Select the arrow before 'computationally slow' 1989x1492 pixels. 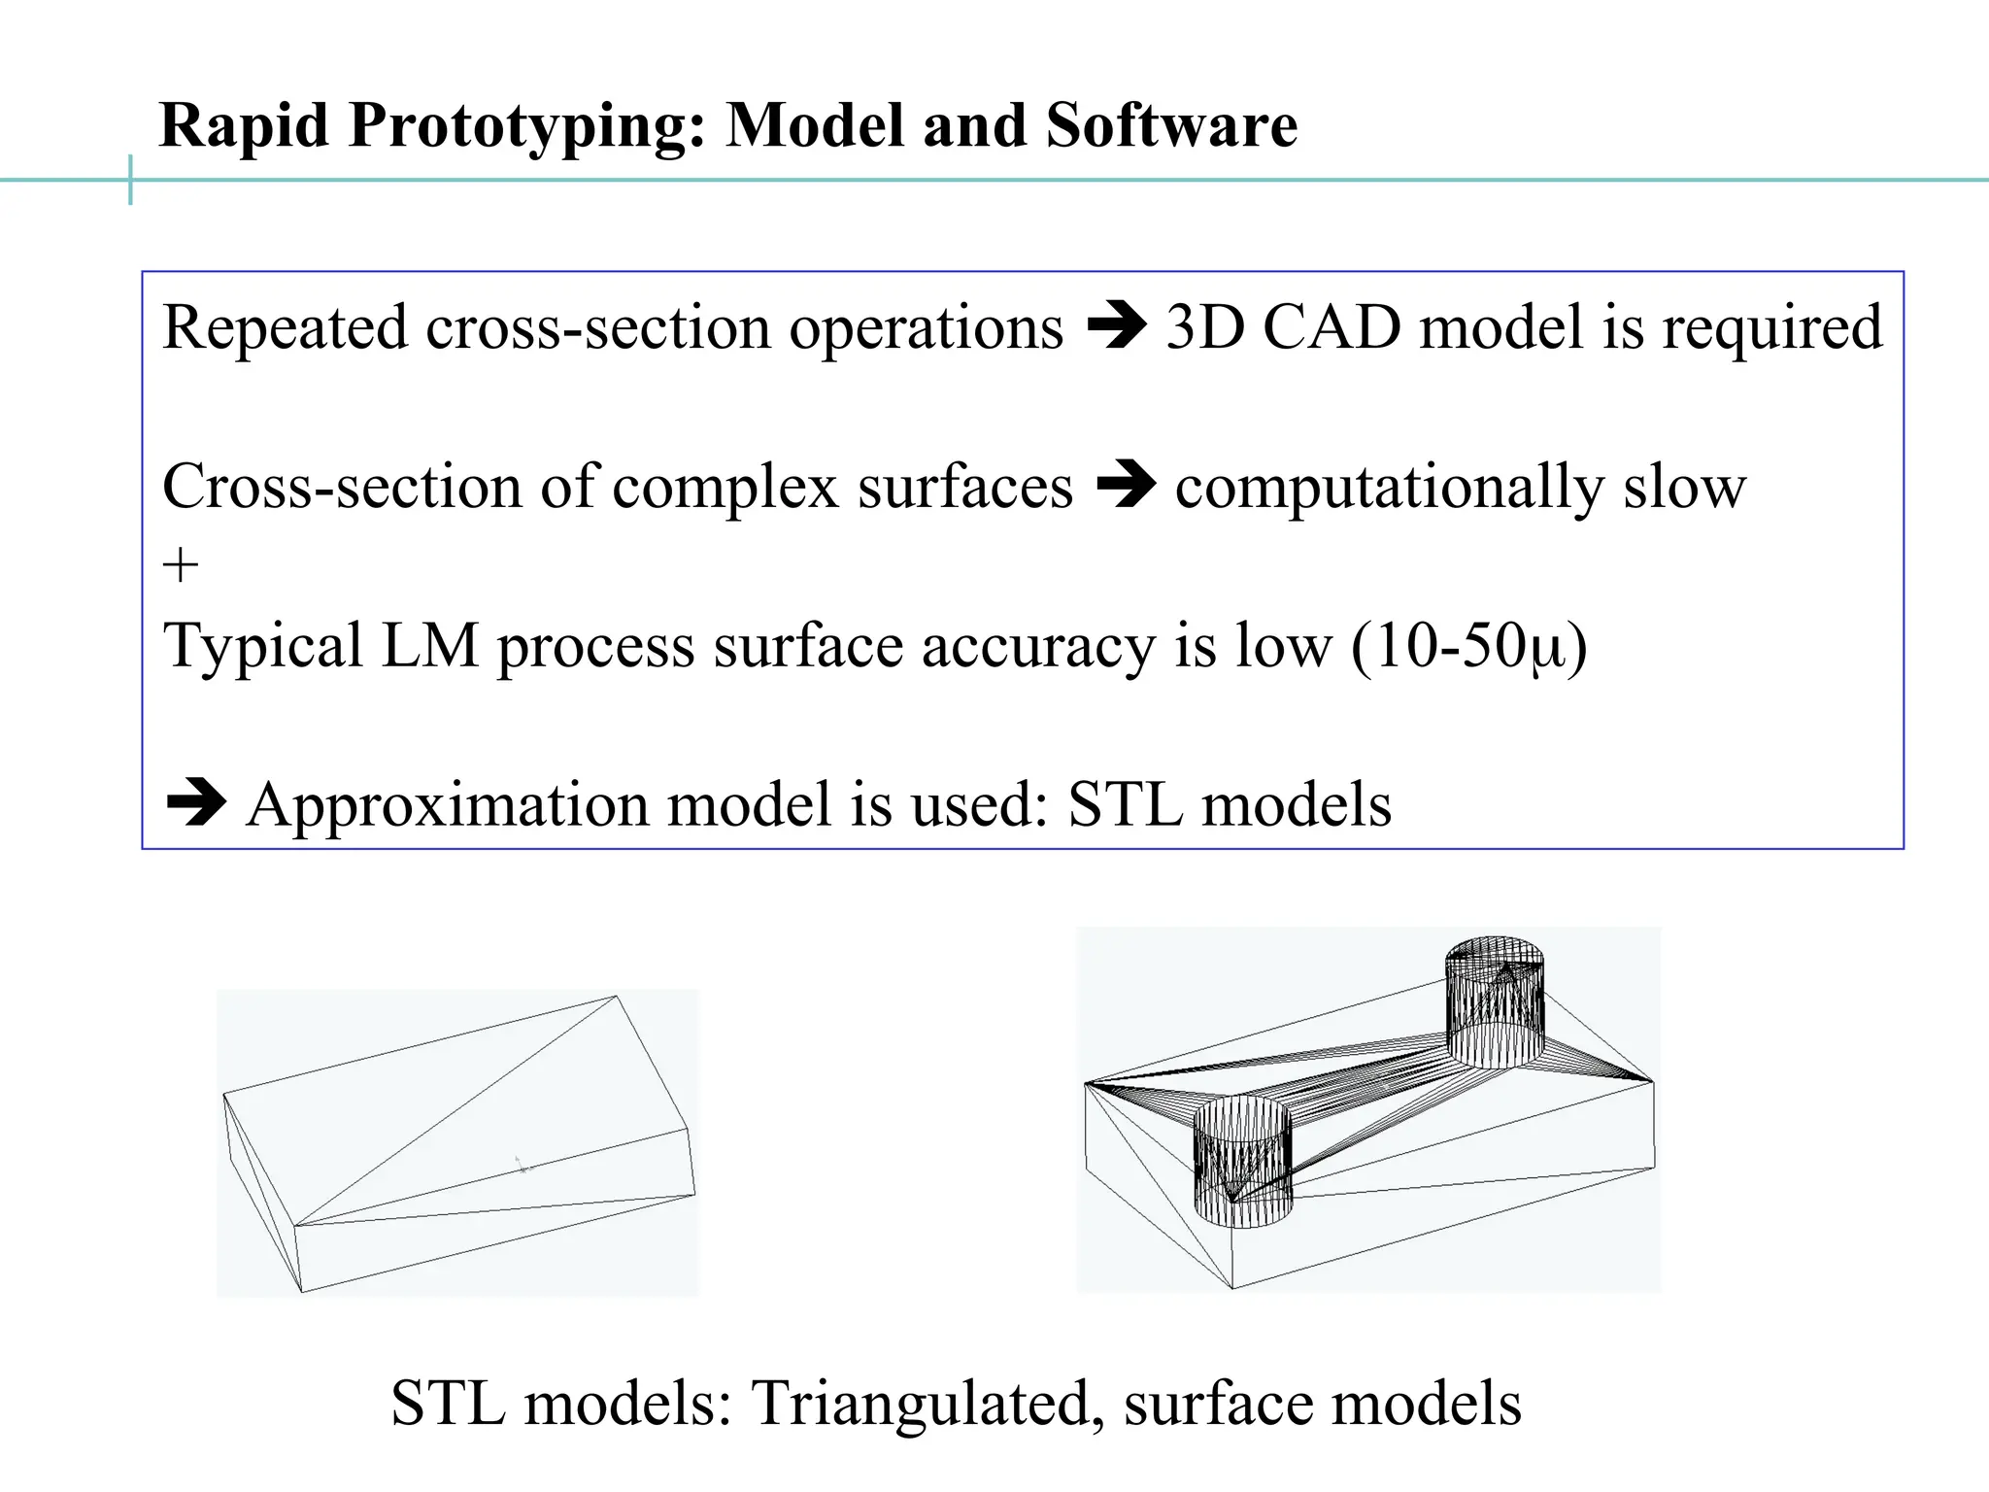click(1126, 486)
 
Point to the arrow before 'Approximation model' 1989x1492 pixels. click(196, 804)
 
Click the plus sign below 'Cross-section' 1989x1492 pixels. click(181, 564)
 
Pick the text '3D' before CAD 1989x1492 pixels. click(1204, 327)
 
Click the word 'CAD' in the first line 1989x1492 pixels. click(1332, 327)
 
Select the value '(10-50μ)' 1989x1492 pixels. click(1468, 646)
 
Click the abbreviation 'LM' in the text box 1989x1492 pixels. click(430, 646)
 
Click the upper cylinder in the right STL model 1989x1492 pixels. click(1495, 1002)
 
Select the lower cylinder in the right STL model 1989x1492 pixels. click(1242, 1162)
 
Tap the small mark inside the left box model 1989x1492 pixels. click(523, 1164)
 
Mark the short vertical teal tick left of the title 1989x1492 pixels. click(130, 180)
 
